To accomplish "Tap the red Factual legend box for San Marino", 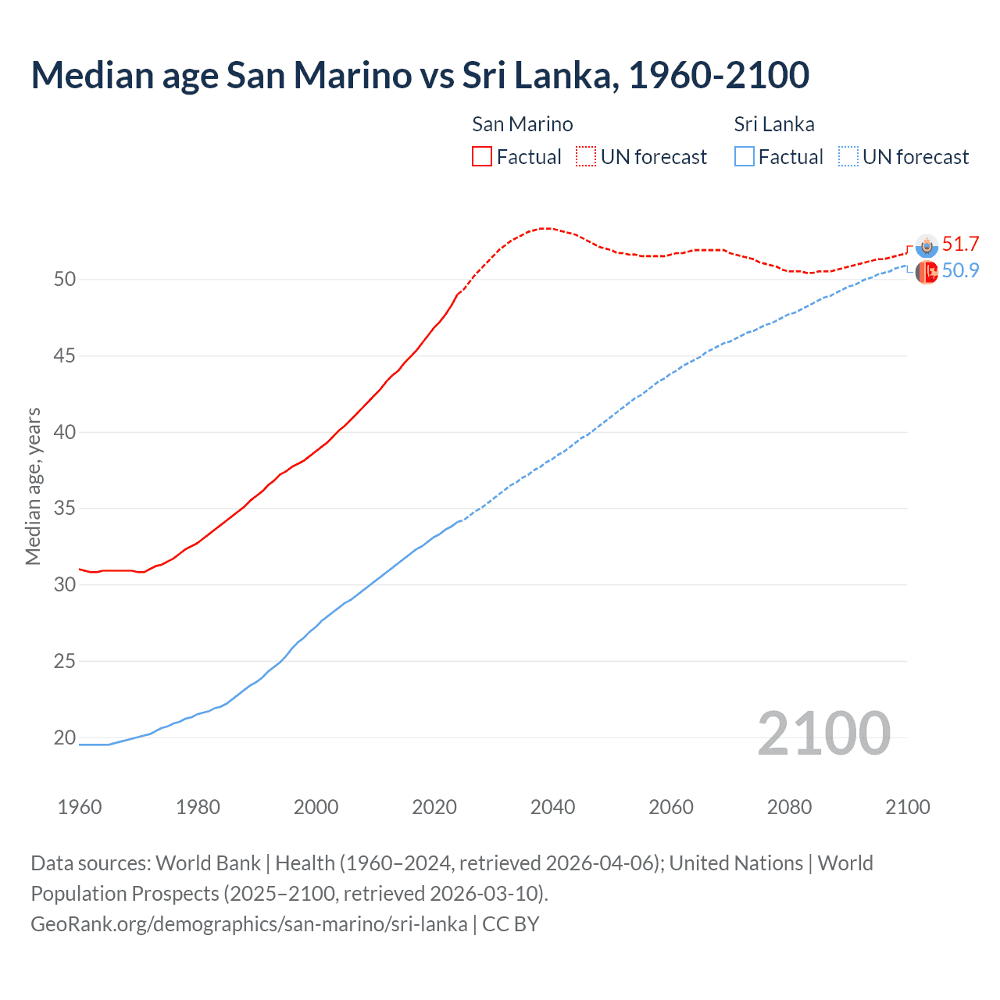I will [x=482, y=156].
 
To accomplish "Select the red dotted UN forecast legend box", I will [x=586, y=156].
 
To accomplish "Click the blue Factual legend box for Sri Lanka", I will [x=745, y=156].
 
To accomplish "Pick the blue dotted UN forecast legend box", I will [x=848, y=156].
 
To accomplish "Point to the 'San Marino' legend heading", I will [x=522, y=124].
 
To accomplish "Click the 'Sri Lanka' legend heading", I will [x=773, y=124].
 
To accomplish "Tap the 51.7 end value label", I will [x=960, y=245].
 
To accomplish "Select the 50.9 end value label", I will [x=960, y=271].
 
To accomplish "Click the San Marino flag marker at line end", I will [x=927, y=246].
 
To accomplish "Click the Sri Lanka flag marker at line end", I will [x=927, y=273].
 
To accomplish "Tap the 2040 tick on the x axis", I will [x=552, y=807].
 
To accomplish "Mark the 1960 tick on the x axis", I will [x=80, y=807].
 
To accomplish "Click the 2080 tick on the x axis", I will [x=789, y=807].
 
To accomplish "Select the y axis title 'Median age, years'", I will [x=33, y=486].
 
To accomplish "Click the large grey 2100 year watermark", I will [x=823, y=734].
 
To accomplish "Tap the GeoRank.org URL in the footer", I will [x=248, y=924].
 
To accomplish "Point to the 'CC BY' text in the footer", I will [x=511, y=924].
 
